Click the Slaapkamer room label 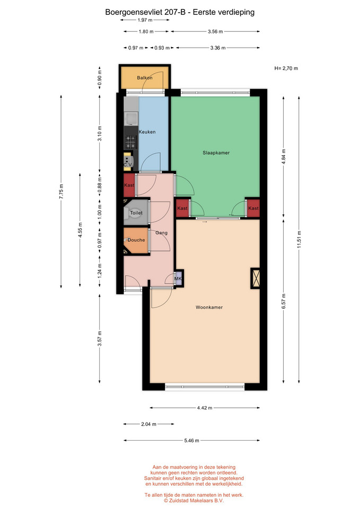point(216,153)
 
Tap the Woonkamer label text point(209,307)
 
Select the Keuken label point(147,132)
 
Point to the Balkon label point(144,77)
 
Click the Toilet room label point(136,213)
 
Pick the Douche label point(136,240)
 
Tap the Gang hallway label point(161,233)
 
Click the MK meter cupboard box point(179,278)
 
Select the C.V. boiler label point(128,165)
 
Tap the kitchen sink point(131,119)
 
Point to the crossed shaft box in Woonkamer point(256,278)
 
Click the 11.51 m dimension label point(299,239)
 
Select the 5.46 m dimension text point(191,441)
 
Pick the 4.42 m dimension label point(205,408)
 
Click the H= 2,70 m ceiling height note point(286,68)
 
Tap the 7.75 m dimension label point(62,191)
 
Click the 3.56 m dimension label point(215,31)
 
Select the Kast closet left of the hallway point(129,186)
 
